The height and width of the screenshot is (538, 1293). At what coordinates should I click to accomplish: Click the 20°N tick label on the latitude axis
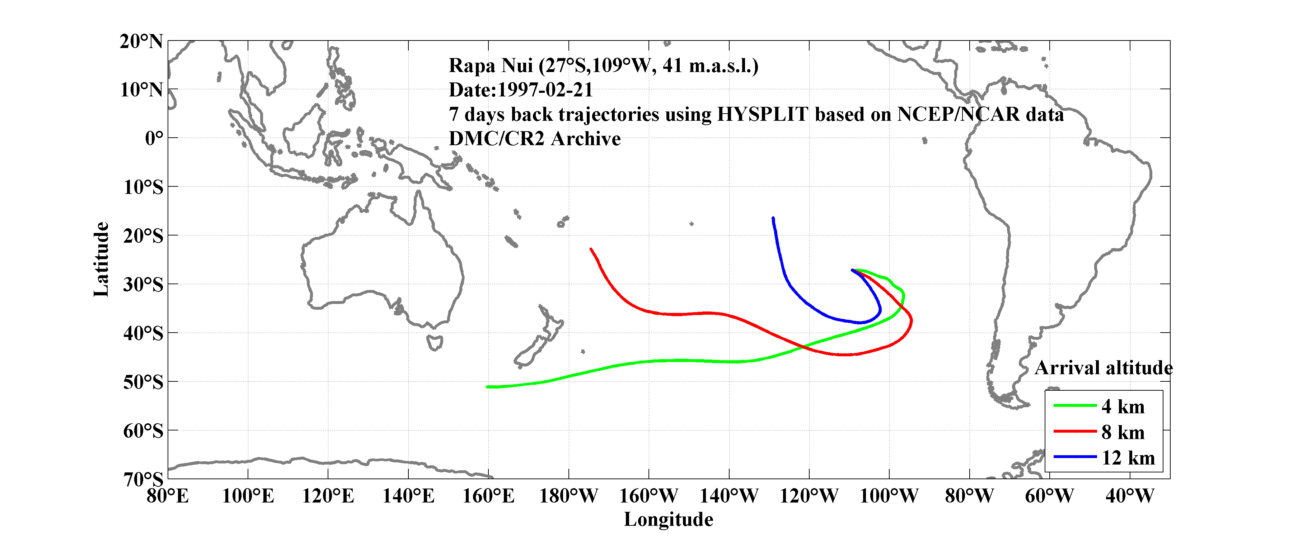tap(141, 42)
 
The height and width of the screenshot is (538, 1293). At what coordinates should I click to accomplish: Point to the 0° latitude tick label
tap(154, 138)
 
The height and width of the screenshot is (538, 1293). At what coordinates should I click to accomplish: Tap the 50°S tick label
tap(143, 382)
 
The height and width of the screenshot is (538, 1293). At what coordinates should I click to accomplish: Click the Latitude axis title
tap(101, 259)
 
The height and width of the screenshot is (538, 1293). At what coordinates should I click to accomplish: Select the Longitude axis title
tap(668, 519)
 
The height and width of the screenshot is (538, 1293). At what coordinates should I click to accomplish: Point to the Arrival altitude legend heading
tap(1103, 368)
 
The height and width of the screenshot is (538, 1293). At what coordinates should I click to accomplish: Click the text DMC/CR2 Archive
tap(534, 139)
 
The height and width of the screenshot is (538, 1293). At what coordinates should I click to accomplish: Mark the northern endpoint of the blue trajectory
tap(773, 218)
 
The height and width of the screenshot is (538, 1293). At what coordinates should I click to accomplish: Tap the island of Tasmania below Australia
tap(434, 343)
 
